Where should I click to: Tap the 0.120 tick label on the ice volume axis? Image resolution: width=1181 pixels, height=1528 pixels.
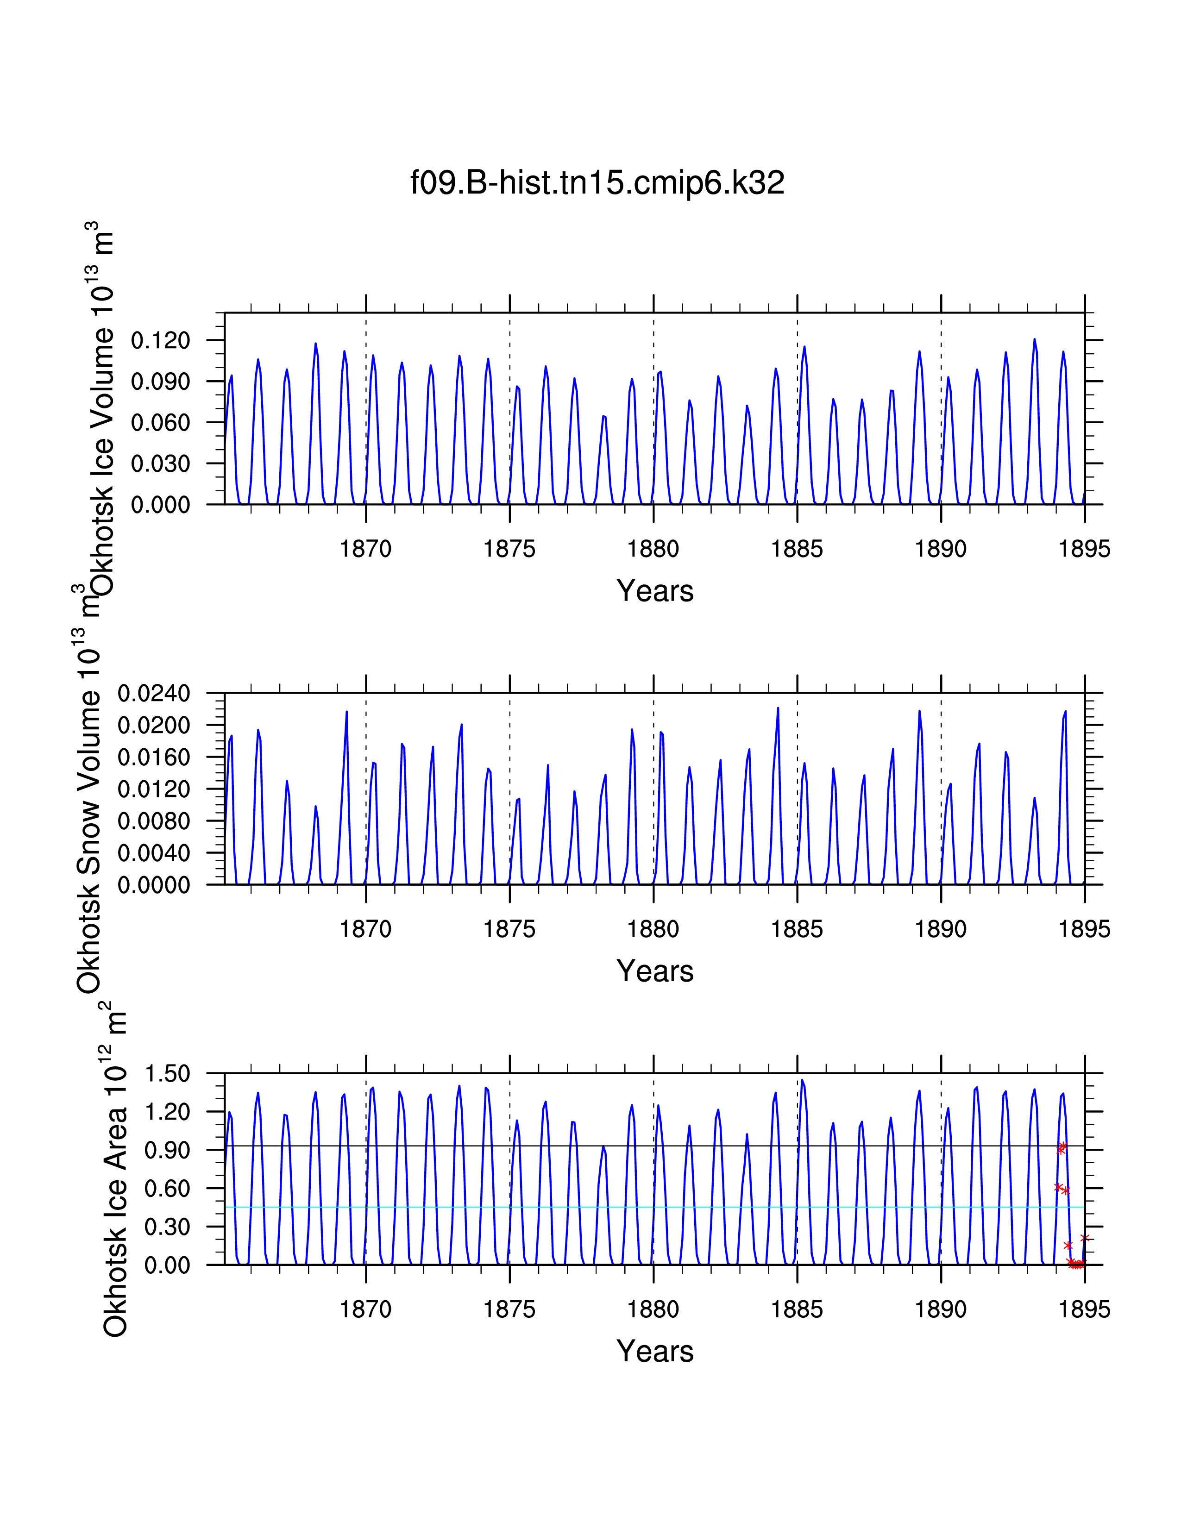(x=160, y=341)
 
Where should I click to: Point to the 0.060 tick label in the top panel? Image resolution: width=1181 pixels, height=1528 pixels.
(x=160, y=423)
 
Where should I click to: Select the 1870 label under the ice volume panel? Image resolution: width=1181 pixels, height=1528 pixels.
(x=365, y=549)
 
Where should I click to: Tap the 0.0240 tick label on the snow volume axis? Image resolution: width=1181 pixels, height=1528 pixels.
(x=154, y=693)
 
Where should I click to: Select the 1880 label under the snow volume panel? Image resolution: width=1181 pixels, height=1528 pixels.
(x=653, y=929)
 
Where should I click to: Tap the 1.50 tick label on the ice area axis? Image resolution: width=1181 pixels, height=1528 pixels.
(x=167, y=1073)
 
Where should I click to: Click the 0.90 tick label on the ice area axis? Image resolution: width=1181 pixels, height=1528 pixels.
(x=167, y=1150)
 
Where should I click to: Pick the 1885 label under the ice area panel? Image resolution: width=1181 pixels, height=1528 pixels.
(x=797, y=1310)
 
